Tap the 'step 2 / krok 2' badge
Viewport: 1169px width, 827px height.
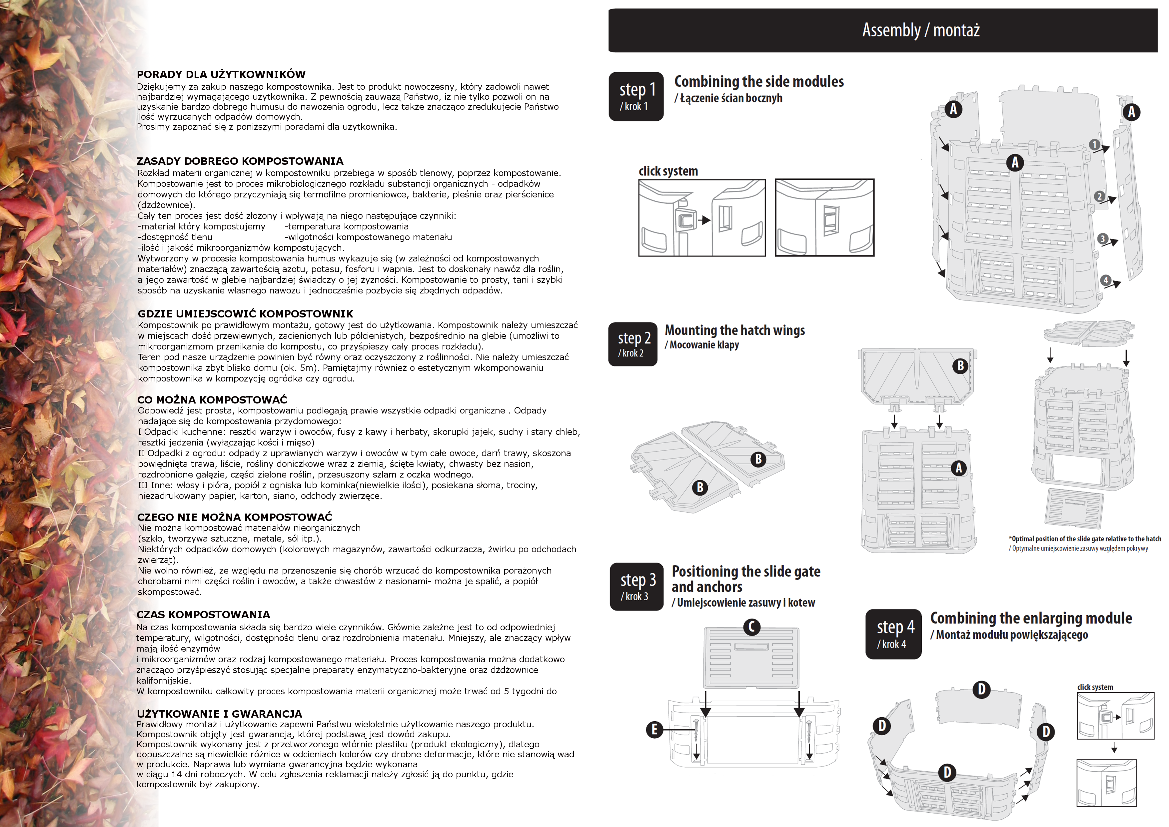[633, 344]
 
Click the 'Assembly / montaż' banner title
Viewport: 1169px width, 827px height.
[920, 30]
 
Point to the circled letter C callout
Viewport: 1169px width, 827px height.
[751, 627]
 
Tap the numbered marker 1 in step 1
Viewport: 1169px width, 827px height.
[1094, 145]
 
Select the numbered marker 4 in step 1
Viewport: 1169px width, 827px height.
[1105, 280]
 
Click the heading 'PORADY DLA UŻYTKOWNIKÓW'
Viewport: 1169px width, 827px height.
[221, 74]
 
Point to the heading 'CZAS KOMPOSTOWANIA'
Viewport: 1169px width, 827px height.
[203, 615]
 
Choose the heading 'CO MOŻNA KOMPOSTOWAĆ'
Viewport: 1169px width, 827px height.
[212, 399]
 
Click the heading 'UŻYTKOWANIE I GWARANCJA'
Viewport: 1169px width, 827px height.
[220, 714]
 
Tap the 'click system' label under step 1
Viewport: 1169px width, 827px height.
[668, 171]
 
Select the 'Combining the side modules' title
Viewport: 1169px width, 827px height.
[759, 81]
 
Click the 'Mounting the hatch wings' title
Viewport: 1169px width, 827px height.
[735, 330]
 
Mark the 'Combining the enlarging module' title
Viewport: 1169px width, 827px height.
[1031, 618]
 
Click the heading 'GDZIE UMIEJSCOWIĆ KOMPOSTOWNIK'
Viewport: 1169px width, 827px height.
[245, 314]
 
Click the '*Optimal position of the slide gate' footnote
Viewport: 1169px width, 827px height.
[1084, 539]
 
